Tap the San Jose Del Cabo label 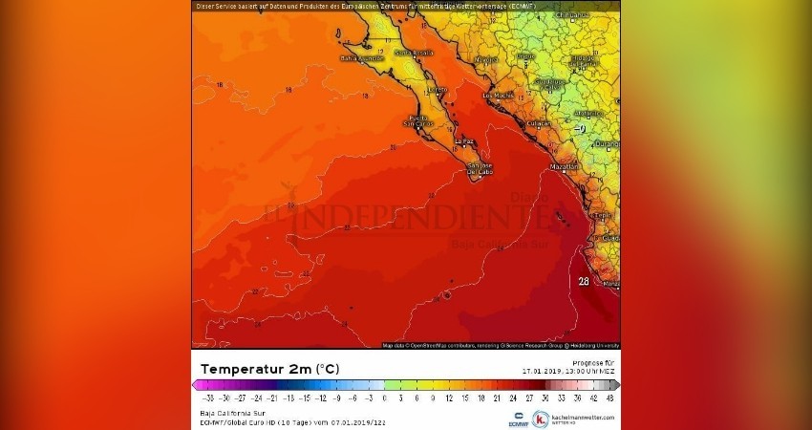(480, 170)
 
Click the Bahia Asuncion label (363, 58)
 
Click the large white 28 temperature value (584, 281)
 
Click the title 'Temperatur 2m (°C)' (269, 369)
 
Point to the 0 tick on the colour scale (385, 398)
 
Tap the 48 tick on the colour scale (609, 398)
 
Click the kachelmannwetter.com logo (573, 419)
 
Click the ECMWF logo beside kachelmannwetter (518, 418)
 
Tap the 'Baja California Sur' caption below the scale (225, 413)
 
